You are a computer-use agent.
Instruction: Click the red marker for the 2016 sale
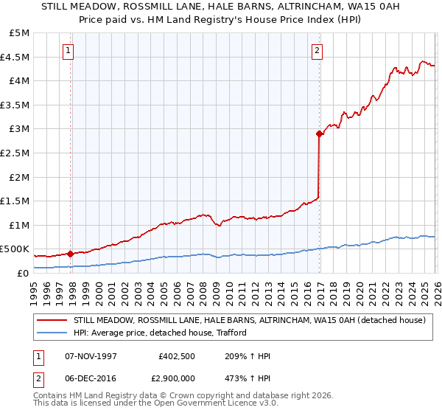click(x=319, y=133)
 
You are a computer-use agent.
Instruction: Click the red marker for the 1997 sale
click(x=71, y=254)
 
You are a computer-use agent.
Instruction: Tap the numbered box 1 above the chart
click(x=68, y=51)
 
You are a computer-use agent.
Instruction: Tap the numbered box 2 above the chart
click(x=316, y=51)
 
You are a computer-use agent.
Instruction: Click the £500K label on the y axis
click(x=15, y=249)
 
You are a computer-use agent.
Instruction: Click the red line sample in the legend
click(x=52, y=321)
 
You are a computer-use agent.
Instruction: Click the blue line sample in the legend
click(x=52, y=333)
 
